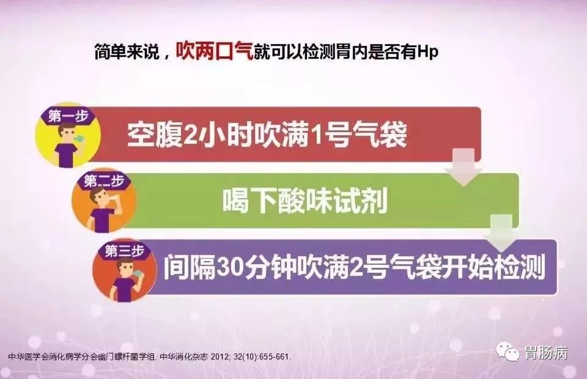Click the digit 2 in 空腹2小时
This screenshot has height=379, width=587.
point(193,135)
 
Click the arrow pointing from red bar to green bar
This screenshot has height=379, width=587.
point(464,167)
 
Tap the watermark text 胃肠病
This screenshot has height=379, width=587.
point(546,353)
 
